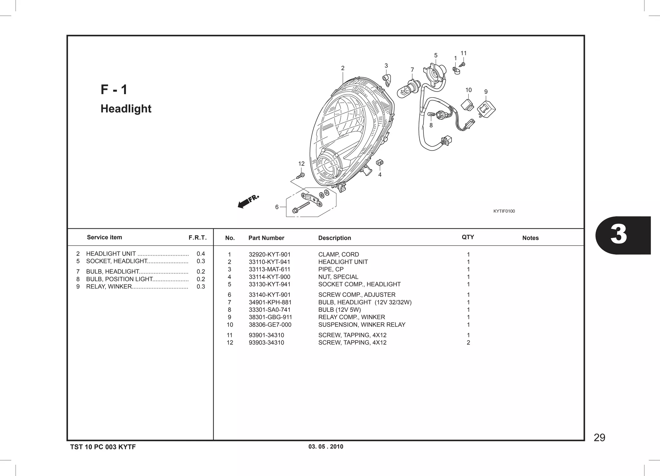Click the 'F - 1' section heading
pos(114,90)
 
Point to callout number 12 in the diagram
pos(301,164)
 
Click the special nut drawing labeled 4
pos(380,163)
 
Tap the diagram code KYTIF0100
pos(504,211)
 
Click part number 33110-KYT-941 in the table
pos(269,262)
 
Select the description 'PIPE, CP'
pos(331,269)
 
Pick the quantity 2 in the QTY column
pos(468,343)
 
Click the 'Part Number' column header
pos(266,238)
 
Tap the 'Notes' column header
pos(530,238)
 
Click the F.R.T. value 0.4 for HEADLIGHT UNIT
pos(200,254)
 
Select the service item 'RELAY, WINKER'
pos(109,287)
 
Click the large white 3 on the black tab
pos(619,235)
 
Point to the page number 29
pos(599,438)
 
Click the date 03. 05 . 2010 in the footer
pos(326,447)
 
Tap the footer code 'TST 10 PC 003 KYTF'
pos(103,447)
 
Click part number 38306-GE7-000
pos(270,325)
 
